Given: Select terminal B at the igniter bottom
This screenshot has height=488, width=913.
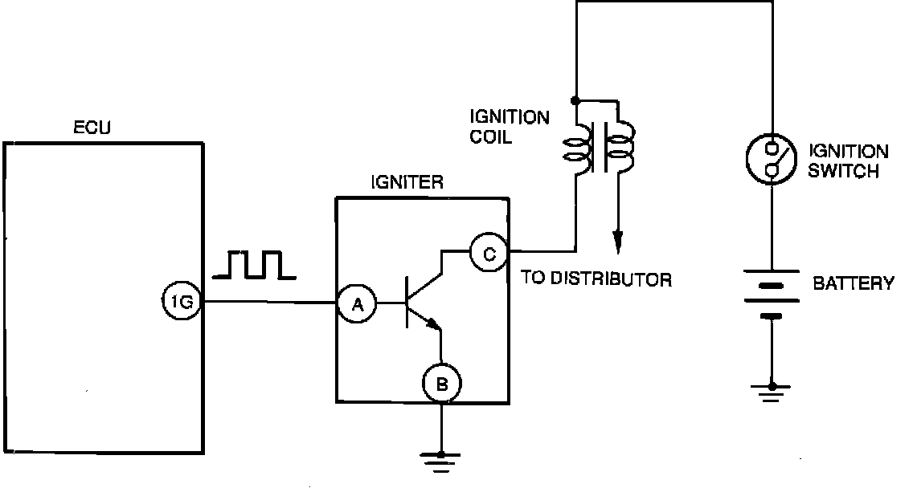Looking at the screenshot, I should [441, 386].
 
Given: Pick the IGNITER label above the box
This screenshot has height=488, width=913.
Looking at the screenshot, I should [406, 183].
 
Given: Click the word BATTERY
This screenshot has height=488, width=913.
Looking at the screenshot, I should [853, 283].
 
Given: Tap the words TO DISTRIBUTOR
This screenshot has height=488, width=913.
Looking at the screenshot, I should [596, 279].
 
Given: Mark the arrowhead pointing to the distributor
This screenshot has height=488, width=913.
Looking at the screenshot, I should [617, 240].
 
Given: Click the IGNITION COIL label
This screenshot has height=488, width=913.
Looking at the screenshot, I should [510, 127].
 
